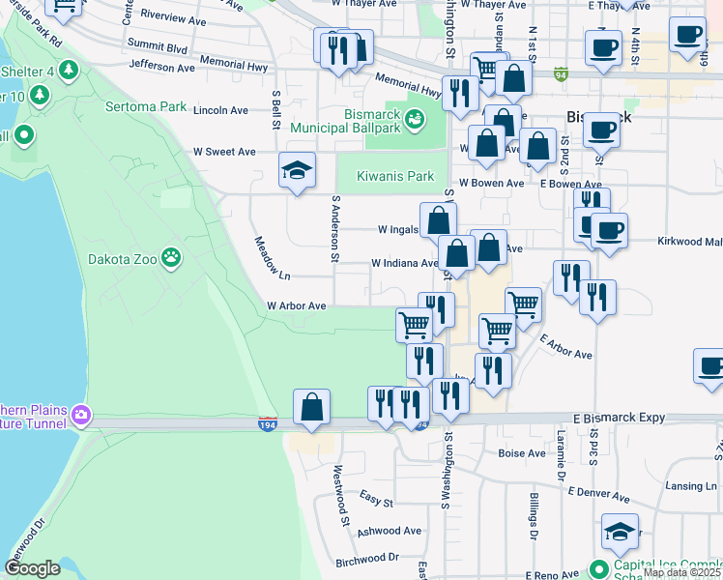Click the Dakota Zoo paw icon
(x=171, y=257)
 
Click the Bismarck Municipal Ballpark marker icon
(x=415, y=120)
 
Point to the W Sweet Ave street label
(x=224, y=152)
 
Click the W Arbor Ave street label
(x=296, y=305)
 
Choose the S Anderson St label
(x=335, y=229)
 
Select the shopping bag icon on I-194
(x=311, y=408)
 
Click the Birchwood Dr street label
(x=366, y=558)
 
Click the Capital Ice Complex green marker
(x=599, y=568)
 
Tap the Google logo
(x=33, y=568)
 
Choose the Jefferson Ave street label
(x=161, y=68)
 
